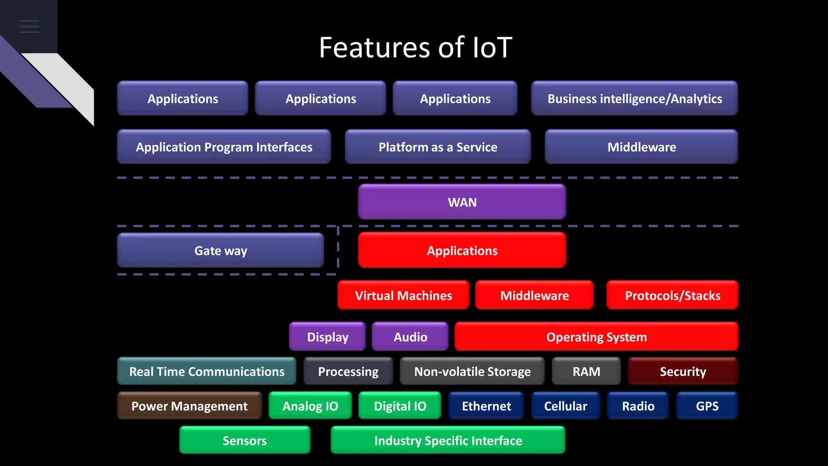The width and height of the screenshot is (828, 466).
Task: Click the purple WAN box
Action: pyautogui.click(x=462, y=202)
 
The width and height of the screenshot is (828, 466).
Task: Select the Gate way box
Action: pyautogui.click(x=220, y=250)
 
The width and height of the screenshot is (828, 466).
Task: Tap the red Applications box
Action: pyautogui.click(x=462, y=250)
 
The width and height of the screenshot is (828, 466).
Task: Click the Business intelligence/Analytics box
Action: pyautogui.click(x=634, y=98)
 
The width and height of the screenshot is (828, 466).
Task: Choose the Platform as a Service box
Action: pyautogui.click(x=437, y=147)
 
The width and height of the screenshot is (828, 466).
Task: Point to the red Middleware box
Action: pyautogui.click(x=534, y=295)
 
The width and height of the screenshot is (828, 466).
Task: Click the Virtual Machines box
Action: pyautogui.click(x=403, y=295)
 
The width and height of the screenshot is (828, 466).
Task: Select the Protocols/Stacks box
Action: pyautogui.click(x=672, y=295)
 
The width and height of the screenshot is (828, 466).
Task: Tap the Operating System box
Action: pyautogui.click(x=596, y=337)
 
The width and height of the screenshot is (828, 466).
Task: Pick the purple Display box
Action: pyautogui.click(x=327, y=337)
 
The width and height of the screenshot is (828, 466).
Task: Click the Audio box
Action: pyautogui.click(x=410, y=337)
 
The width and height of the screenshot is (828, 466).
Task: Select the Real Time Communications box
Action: pyautogui.click(x=207, y=371)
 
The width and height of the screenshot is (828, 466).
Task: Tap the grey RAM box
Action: pyautogui.click(x=586, y=371)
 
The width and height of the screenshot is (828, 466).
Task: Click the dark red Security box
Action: pyautogui.click(x=682, y=371)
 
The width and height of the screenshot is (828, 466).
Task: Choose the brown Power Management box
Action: pyautogui.click(x=189, y=405)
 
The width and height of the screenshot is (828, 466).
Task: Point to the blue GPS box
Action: pyautogui.click(x=707, y=405)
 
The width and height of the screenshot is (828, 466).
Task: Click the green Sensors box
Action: pyautogui.click(x=245, y=440)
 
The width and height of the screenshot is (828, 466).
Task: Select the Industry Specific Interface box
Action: pyautogui.click(x=448, y=440)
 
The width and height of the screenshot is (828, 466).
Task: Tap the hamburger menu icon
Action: pyautogui.click(x=29, y=26)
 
